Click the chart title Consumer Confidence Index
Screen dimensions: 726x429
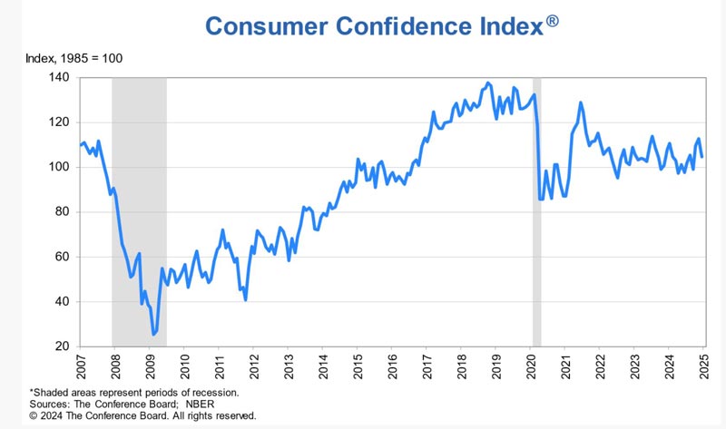[x=375, y=26]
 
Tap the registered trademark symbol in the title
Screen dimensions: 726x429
[x=552, y=21]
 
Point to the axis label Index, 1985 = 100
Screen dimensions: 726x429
[x=74, y=58]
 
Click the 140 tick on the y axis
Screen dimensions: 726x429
[x=59, y=77]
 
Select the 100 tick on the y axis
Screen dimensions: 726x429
[x=59, y=167]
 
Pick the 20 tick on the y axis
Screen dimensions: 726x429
[x=62, y=346]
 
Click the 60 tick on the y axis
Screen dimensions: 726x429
[x=62, y=257]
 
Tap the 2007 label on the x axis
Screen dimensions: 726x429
[x=81, y=367]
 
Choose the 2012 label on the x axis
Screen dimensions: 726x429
[x=254, y=367]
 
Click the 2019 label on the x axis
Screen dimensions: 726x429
[x=496, y=367]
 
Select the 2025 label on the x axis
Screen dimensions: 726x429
[x=704, y=367]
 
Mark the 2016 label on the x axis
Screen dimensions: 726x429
[x=392, y=367]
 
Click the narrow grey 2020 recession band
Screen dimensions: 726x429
[x=536, y=212]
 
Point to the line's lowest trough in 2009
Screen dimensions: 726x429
[x=153, y=334]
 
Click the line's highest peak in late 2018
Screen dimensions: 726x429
[x=487, y=83]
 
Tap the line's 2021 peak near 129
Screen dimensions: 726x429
[x=580, y=102]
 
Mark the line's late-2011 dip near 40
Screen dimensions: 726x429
[x=245, y=300]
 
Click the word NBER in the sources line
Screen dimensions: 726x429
[x=200, y=404]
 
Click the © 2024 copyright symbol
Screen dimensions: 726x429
[x=34, y=415]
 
